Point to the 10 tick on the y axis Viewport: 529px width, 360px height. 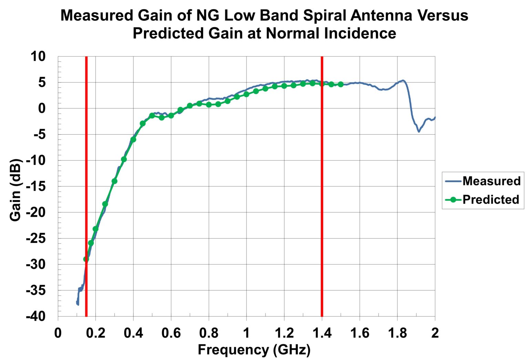coord(38,56)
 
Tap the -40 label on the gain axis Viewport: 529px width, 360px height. coord(35,316)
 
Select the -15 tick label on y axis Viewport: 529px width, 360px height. coord(35,186)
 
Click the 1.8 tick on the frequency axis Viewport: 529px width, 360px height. coord(397,333)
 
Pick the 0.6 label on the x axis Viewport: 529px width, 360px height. coord(171,333)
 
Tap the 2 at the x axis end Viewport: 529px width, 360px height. coord(435,333)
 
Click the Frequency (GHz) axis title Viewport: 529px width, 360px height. coord(254,350)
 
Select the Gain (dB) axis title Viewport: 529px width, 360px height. coord(15,190)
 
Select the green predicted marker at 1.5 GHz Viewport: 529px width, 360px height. coord(341,84)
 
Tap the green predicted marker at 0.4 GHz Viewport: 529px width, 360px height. coord(133,139)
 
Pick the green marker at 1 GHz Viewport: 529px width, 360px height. coord(246,94)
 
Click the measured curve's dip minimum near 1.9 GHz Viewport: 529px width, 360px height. coord(419,131)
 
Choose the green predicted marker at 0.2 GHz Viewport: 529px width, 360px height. coord(95,229)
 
